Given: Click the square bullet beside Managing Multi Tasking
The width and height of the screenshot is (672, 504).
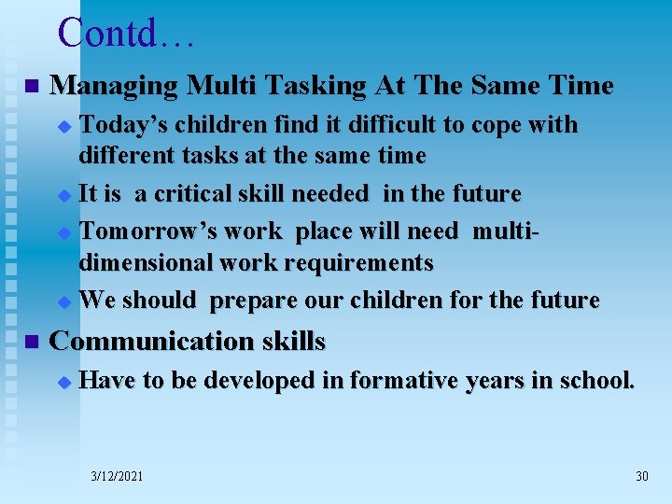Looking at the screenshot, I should [x=31, y=87].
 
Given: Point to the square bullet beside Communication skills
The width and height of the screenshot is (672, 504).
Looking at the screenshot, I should [x=31, y=343].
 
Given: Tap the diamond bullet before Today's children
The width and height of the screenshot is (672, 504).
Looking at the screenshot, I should [x=63, y=126].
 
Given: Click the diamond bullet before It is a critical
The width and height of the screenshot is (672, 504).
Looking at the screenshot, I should [x=63, y=196].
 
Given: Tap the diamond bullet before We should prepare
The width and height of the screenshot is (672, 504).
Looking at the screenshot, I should [x=63, y=302].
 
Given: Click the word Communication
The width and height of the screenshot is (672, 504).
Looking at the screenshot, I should [x=147, y=342].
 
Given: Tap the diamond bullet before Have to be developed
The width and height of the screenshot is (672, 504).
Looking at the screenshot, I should [x=63, y=382].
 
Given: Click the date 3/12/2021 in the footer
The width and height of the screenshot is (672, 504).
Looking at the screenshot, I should [x=117, y=476].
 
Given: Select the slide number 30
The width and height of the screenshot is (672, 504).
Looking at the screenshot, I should [x=641, y=476].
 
